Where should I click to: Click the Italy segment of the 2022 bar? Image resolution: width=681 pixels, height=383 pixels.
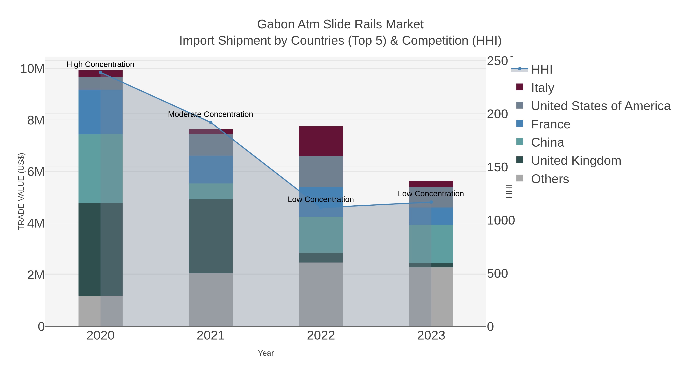(321, 141)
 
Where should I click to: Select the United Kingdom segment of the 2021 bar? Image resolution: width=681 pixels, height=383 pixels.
(211, 236)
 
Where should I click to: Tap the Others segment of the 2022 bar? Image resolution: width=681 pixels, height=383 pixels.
(321, 294)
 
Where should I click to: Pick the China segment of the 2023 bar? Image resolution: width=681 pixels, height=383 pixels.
(431, 244)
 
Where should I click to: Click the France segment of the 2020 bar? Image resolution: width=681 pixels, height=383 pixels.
(100, 112)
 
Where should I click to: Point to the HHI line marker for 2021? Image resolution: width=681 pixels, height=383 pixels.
(211, 122)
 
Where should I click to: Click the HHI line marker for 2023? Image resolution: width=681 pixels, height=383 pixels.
(431, 202)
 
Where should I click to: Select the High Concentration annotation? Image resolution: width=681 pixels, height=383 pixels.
(100, 64)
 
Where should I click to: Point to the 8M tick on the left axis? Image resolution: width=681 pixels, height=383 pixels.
(36, 120)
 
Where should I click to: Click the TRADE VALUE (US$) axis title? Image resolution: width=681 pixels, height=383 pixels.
(21, 191)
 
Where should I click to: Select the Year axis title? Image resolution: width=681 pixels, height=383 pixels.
(266, 353)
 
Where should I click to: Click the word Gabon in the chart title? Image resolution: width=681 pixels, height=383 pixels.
(276, 24)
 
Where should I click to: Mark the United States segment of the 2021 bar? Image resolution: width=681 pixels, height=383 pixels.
(211, 145)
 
